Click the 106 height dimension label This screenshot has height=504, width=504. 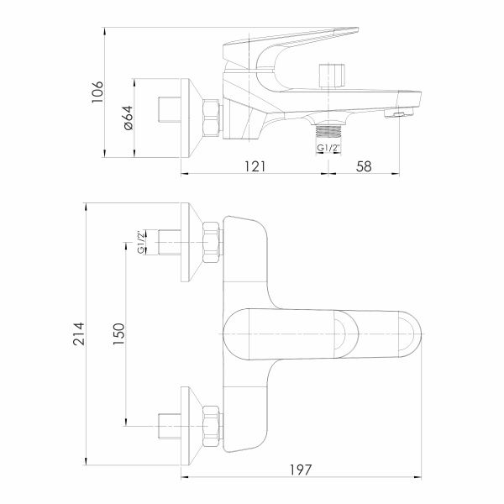click(97, 92)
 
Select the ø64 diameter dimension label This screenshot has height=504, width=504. click(128, 118)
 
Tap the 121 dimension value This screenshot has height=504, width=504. click(255, 166)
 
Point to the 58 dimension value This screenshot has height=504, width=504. click(364, 166)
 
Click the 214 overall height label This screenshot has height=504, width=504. click(79, 333)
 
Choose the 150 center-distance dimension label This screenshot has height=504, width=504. click(118, 334)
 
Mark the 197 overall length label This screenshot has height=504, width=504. click(301, 470)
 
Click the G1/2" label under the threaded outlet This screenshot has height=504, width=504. click(328, 148)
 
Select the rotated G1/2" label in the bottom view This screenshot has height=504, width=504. click(141, 242)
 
